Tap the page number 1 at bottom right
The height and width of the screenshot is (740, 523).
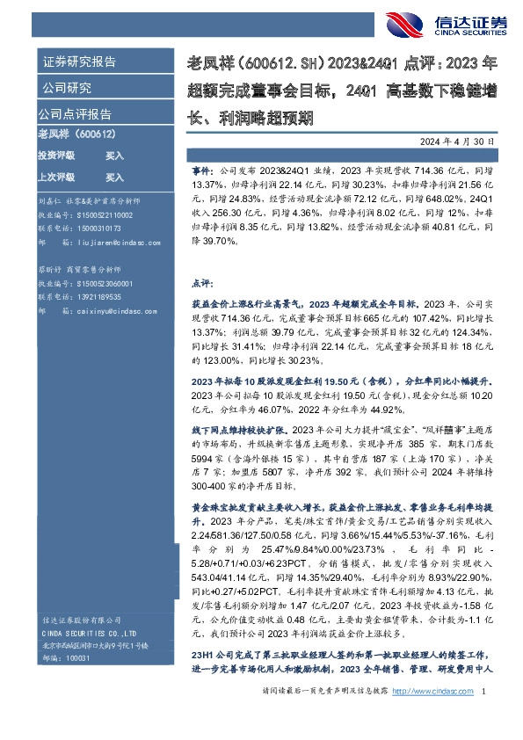coord(485,717)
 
